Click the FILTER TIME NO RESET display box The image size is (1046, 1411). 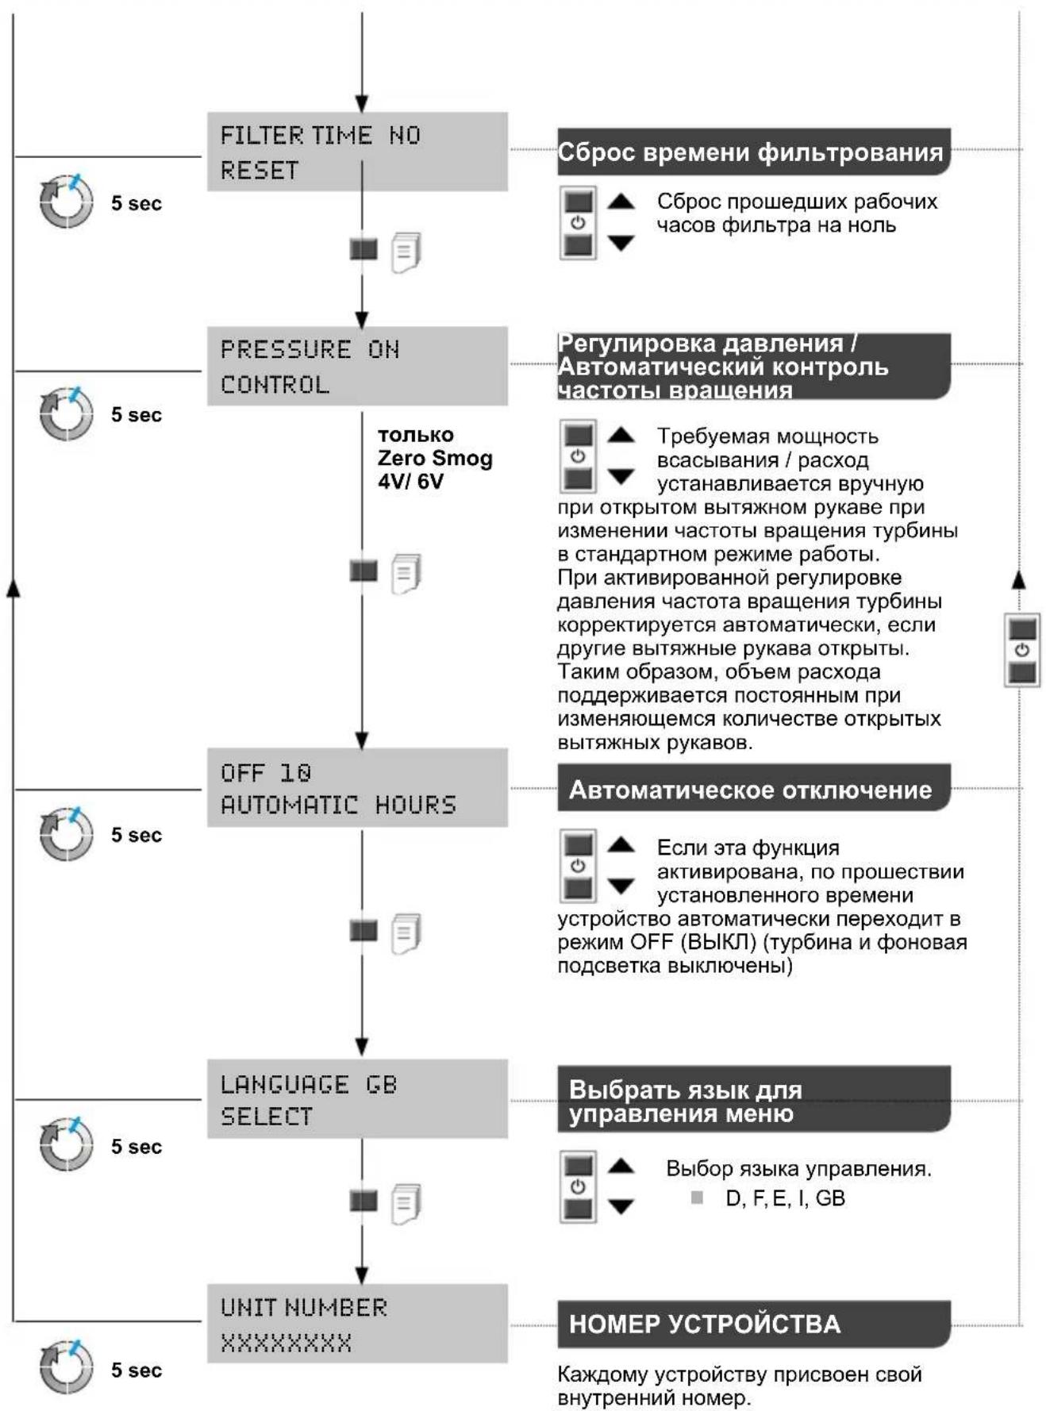(x=357, y=152)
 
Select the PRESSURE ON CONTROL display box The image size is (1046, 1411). (x=357, y=366)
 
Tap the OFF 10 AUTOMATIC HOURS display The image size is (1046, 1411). (x=357, y=787)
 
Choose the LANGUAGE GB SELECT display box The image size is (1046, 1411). (x=357, y=1098)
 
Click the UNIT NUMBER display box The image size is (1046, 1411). (x=357, y=1324)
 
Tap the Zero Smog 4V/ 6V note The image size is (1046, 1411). (x=435, y=458)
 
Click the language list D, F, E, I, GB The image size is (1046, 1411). (x=785, y=1198)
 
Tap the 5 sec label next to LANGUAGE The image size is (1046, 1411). (x=136, y=1147)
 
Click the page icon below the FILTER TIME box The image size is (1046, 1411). (x=406, y=252)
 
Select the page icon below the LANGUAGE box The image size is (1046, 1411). (x=406, y=1204)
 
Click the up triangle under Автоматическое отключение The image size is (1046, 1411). (x=621, y=845)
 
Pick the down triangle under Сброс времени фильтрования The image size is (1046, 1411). (x=621, y=243)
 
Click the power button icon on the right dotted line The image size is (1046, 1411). (x=1022, y=650)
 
